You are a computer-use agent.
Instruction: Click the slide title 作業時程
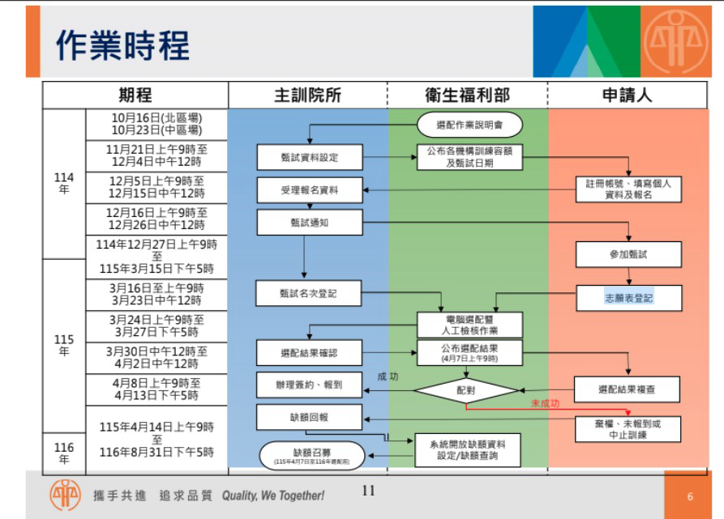point(122,45)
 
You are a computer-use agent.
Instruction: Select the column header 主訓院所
point(307,95)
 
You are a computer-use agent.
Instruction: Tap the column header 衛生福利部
point(468,95)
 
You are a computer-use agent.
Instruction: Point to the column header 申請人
point(626,95)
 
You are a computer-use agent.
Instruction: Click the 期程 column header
point(135,95)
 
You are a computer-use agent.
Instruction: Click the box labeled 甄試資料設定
point(309,157)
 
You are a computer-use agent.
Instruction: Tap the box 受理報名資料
point(309,190)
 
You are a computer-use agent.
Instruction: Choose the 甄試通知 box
point(309,223)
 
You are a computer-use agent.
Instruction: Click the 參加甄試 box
point(628,254)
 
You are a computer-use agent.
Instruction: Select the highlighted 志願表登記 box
point(628,298)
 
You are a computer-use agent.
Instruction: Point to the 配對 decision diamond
point(465,390)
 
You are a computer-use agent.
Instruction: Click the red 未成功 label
point(545,402)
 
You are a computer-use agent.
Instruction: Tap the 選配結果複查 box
point(627,389)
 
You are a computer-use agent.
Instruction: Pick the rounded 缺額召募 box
point(312,454)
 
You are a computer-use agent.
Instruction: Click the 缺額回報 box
point(309,417)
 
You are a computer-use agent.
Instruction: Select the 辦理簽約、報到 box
point(309,385)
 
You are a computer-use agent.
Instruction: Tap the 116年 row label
point(64,453)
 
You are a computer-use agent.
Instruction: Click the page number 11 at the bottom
point(369,489)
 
